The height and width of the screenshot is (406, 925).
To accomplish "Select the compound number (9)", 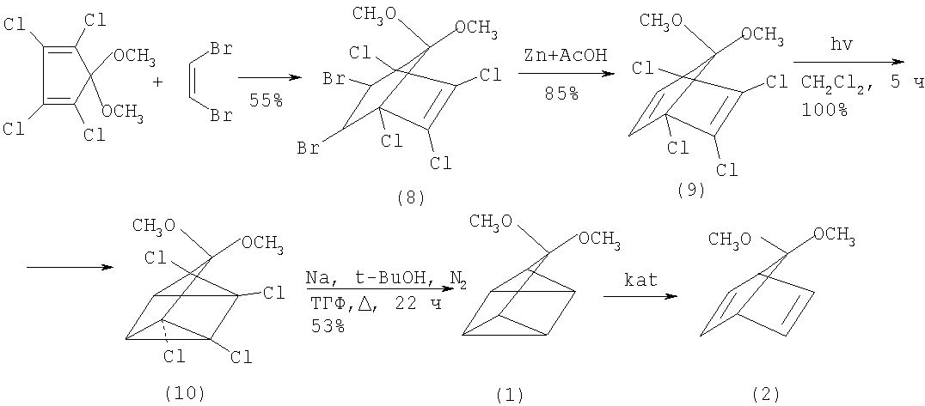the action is (691, 191).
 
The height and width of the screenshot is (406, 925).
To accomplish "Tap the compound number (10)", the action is (187, 392).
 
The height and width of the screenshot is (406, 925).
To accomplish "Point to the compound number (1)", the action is (510, 392).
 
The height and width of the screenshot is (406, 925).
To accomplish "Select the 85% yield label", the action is (561, 93).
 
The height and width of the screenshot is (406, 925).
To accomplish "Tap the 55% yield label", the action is (266, 100).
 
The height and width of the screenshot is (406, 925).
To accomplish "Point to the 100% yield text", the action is (824, 110).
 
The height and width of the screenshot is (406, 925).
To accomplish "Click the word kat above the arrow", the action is (640, 280).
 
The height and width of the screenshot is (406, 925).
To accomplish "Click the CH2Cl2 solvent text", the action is (834, 83).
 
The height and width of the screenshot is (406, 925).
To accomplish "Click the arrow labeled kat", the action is (640, 296).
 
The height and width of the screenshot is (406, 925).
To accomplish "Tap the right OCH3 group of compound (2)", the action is (834, 234).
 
